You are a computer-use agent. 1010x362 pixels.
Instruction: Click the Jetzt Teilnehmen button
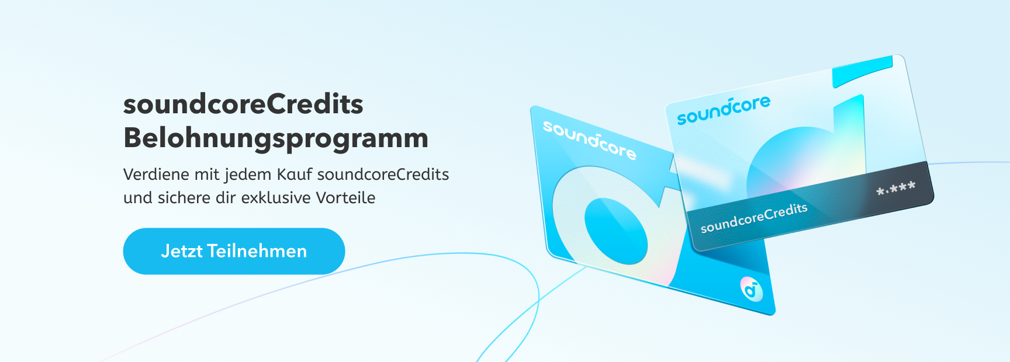tap(234, 251)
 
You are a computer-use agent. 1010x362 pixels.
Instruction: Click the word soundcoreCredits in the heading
tap(243, 105)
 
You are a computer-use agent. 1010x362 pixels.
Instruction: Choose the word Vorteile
tap(345, 197)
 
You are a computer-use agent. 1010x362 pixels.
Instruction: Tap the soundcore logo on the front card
tap(724, 110)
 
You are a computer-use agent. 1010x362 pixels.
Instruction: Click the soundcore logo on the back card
tap(589, 140)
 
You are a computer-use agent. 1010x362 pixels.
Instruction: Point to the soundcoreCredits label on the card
tap(754, 218)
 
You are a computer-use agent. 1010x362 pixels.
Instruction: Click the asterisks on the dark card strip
tap(895, 189)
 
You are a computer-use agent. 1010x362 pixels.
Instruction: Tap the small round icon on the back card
tap(752, 288)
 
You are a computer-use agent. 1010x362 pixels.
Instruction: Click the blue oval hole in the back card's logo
tap(616, 231)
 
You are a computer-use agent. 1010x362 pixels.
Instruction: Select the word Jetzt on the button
tap(182, 251)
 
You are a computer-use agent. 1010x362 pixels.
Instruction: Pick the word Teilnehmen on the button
tap(257, 251)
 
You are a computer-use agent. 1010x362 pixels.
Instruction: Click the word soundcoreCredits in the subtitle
tap(383, 174)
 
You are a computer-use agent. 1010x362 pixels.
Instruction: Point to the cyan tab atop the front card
tap(863, 72)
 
